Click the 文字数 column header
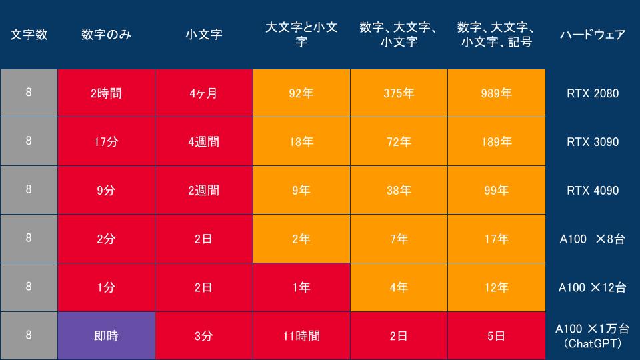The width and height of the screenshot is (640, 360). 29,35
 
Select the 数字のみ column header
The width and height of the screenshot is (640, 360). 106,35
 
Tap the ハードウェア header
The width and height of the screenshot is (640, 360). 592,35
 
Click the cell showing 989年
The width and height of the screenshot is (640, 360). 496,93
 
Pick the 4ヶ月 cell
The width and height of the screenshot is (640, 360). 204,93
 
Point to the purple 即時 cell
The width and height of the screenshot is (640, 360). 106,335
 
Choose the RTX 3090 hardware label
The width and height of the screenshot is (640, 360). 593,141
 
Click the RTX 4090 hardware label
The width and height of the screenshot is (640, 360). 593,190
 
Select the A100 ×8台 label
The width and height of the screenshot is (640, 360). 592,239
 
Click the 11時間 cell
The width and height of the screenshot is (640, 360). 301,335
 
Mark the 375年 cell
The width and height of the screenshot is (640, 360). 399,93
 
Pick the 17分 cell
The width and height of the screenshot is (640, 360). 106,141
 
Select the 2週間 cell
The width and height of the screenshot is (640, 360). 204,190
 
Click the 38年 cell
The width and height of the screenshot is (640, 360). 399,190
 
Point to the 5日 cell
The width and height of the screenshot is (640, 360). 496,335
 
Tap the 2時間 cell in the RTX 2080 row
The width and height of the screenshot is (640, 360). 106,93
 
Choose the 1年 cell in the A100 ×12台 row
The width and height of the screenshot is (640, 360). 301,287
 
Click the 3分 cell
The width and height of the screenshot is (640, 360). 204,335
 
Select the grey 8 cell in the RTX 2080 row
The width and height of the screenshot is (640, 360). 29,93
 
